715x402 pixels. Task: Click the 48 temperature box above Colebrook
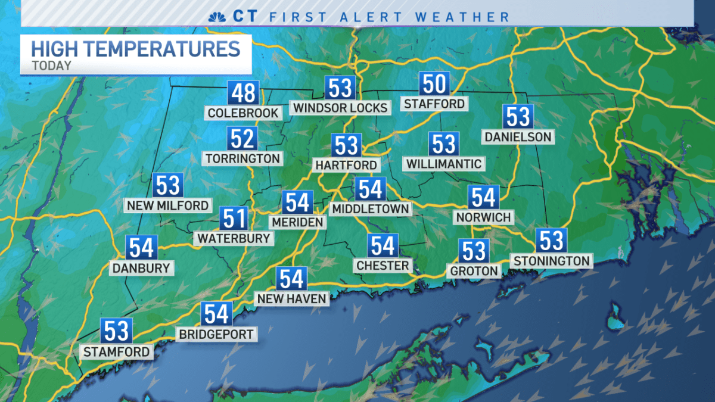[243, 94]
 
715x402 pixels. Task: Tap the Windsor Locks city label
[340, 108]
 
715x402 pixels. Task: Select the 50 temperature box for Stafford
[434, 85]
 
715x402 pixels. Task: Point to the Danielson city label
[518, 137]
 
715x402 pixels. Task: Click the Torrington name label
[243, 158]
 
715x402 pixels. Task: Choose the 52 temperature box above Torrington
[243, 139]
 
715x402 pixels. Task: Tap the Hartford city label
[346, 165]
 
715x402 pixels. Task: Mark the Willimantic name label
[443, 163]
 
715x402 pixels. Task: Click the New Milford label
[167, 205]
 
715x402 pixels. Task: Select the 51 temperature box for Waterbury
[234, 219]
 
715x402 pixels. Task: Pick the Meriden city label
[297, 222]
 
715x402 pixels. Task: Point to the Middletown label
[370, 208]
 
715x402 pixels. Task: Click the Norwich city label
[483, 217]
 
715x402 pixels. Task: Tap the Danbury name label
[142, 268]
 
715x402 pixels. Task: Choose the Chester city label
[383, 265]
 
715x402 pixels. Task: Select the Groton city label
[474, 271]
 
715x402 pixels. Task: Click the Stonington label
[551, 260]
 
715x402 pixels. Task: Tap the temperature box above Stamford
[116, 331]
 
